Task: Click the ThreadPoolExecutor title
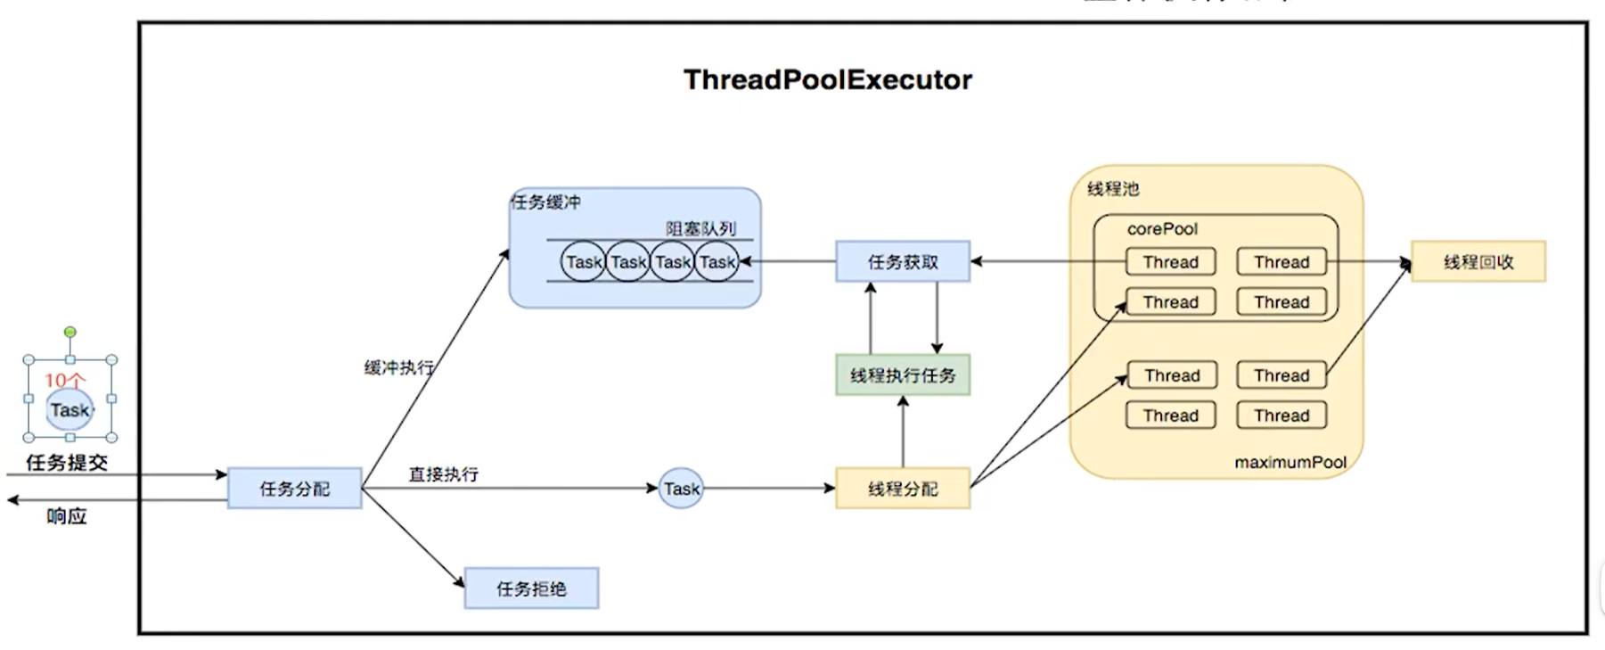click(x=827, y=80)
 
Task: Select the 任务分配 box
click(x=294, y=489)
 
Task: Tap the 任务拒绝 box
click(x=531, y=588)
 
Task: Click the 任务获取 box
click(x=902, y=262)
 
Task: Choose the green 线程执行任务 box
click(x=902, y=375)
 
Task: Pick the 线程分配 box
click(x=902, y=489)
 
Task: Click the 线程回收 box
click(x=1478, y=262)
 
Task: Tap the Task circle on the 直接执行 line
click(x=681, y=489)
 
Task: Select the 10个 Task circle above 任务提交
click(x=70, y=410)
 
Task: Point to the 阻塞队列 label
click(x=700, y=228)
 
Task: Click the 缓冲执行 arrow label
click(x=398, y=367)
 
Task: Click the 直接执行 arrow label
click(x=443, y=474)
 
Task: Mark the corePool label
click(x=1162, y=229)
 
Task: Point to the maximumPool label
click(x=1290, y=462)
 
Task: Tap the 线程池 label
click(x=1113, y=189)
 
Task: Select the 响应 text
click(x=67, y=516)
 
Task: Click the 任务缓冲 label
click(x=545, y=202)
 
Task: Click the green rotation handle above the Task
click(x=70, y=333)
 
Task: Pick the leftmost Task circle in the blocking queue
click(x=584, y=262)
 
